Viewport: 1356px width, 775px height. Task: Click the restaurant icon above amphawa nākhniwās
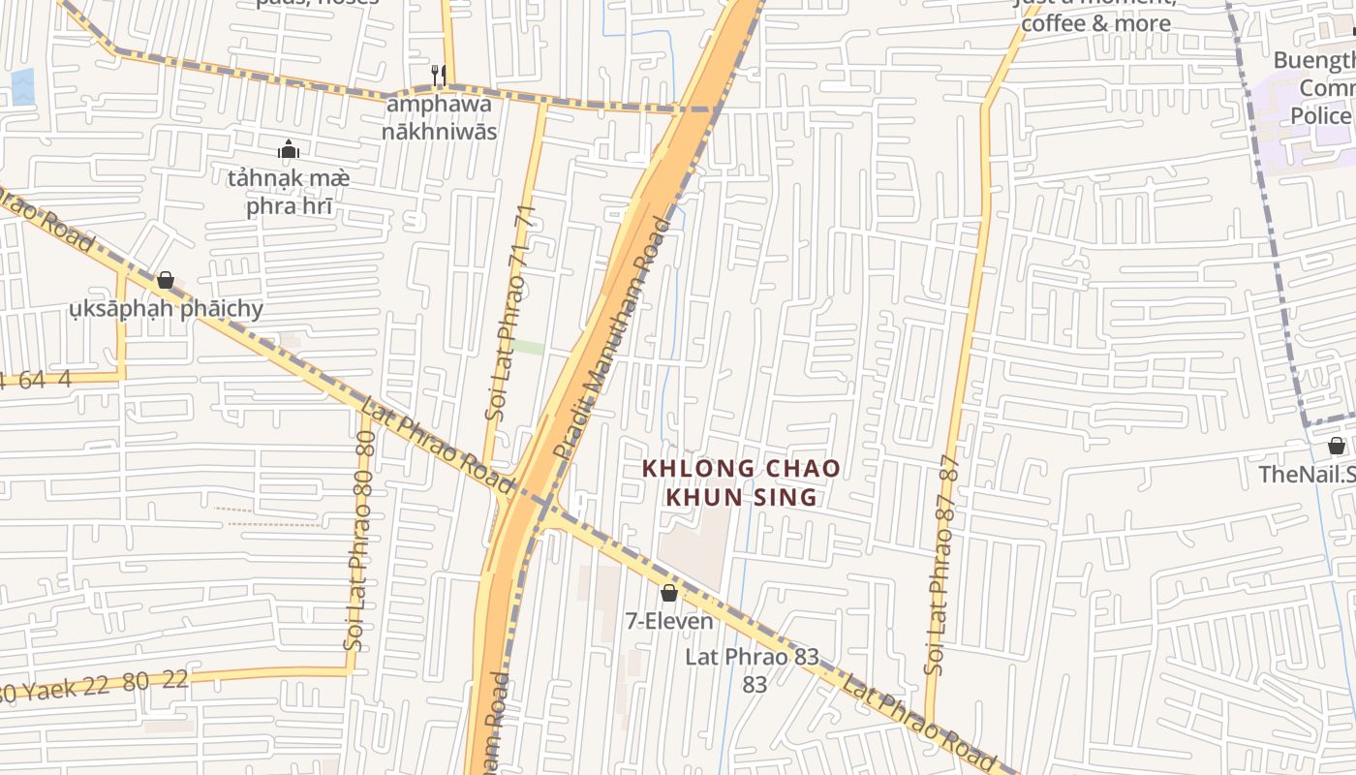point(438,74)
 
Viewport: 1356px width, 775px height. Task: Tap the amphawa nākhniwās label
point(439,116)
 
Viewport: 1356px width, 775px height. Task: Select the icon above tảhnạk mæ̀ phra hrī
point(289,149)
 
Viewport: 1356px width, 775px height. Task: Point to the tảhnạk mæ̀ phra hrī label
point(289,192)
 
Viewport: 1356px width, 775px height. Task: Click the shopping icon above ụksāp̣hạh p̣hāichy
point(166,281)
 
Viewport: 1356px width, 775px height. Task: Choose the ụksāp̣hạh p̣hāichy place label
point(166,309)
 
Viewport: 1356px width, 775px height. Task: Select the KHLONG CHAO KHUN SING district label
point(742,482)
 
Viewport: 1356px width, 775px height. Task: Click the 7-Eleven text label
point(669,621)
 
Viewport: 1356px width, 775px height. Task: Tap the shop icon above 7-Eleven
point(668,593)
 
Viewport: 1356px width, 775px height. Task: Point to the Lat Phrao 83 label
point(753,668)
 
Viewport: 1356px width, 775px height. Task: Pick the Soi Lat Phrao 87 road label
point(944,564)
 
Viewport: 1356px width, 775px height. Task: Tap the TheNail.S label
point(1306,474)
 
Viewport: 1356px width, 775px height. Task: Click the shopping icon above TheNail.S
point(1337,446)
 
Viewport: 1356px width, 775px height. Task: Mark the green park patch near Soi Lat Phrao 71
point(528,347)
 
